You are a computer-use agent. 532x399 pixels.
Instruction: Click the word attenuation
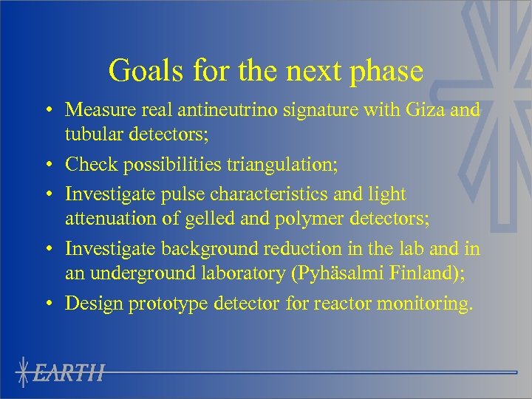[109, 219]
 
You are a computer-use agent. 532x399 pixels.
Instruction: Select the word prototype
[188, 303]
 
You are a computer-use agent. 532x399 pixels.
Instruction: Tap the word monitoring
[428, 303]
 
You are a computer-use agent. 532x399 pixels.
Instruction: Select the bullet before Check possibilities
[47, 166]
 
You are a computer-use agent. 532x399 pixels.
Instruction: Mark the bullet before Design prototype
[47, 304]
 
